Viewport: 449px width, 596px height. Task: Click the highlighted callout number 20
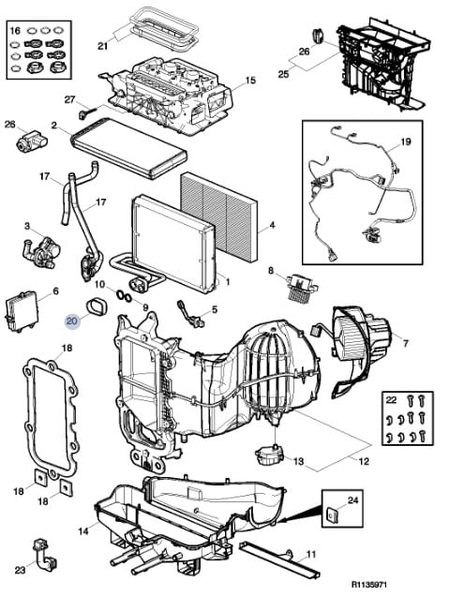coord(71,321)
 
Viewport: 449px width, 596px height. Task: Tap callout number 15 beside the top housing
coord(250,81)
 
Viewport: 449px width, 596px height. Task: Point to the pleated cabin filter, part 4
coord(219,216)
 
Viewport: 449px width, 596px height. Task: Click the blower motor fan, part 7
coord(356,335)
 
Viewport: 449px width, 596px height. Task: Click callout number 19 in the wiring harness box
coord(406,142)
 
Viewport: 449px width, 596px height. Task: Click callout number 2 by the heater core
coord(54,125)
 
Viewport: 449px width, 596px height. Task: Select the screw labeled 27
coord(87,112)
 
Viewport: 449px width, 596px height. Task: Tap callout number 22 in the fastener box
coord(391,400)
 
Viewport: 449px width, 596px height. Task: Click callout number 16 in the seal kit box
coord(15,30)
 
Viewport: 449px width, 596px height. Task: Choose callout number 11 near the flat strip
coord(311,555)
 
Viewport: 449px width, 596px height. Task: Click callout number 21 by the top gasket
coord(103,46)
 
